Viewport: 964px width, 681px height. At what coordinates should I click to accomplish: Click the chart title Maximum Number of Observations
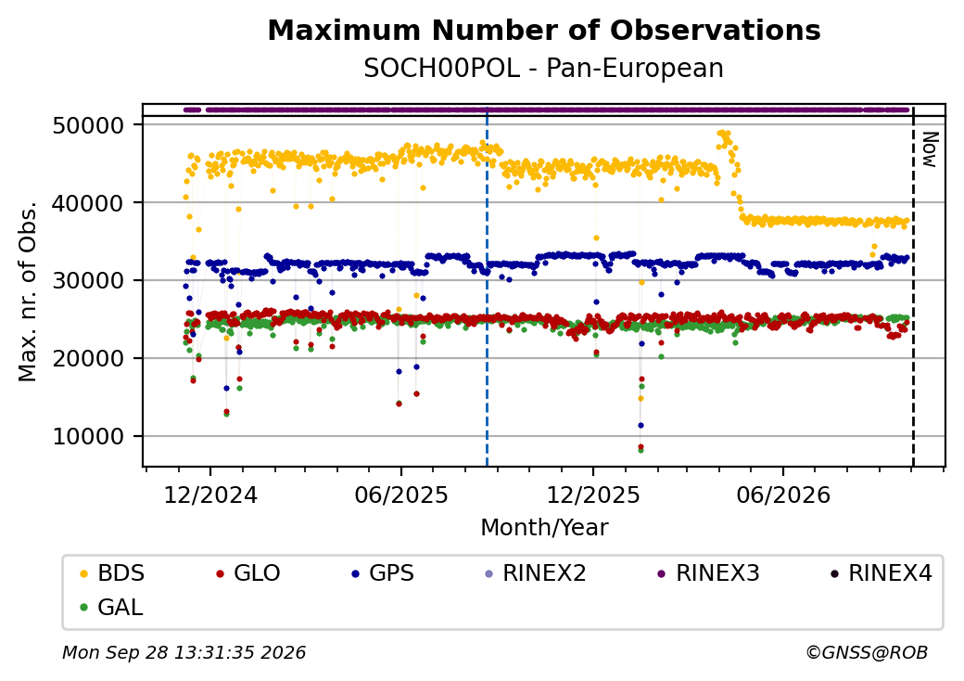(x=544, y=30)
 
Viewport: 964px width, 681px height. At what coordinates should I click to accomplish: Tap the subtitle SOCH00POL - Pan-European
(x=543, y=69)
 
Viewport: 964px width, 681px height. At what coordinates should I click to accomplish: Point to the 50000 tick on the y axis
(x=89, y=125)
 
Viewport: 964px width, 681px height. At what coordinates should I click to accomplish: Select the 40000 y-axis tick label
(x=89, y=203)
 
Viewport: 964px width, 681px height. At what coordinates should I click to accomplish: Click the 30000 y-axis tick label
(x=89, y=280)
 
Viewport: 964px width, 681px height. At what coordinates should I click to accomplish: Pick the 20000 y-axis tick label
(x=89, y=358)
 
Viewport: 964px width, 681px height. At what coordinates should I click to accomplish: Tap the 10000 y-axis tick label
(x=89, y=436)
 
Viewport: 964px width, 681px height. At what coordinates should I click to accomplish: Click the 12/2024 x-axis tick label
(x=210, y=495)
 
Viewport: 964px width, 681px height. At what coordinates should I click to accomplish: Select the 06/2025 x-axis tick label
(x=401, y=495)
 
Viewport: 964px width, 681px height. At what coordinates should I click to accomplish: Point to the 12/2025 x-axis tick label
(x=593, y=495)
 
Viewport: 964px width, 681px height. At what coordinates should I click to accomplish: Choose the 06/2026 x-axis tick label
(x=783, y=495)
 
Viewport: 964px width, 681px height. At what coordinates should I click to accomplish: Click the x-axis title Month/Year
(x=544, y=528)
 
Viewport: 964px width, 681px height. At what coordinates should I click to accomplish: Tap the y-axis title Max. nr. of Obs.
(x=28, y=291)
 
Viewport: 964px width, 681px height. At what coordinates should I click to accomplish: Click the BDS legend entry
(x=112, y=573)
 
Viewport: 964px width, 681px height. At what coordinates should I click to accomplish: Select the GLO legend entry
(x=248, y=573)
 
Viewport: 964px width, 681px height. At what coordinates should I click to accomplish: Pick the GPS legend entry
(x=383, y=573)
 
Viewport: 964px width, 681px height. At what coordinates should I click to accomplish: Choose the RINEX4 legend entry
(x=881, y=573)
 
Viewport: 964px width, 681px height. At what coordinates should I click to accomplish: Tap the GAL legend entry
(x=112, y=607)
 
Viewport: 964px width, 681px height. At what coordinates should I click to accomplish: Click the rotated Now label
(x=930, y=149)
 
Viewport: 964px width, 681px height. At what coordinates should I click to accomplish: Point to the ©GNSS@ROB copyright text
(x=867, y=652)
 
